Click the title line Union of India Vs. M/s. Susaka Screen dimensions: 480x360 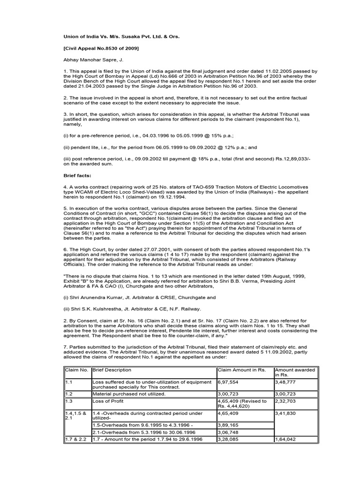tap(121, 36)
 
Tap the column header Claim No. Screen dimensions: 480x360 tap(77, 370)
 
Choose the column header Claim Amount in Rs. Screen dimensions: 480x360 tap(241, 370)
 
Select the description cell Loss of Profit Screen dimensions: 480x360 tap(108, 402)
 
